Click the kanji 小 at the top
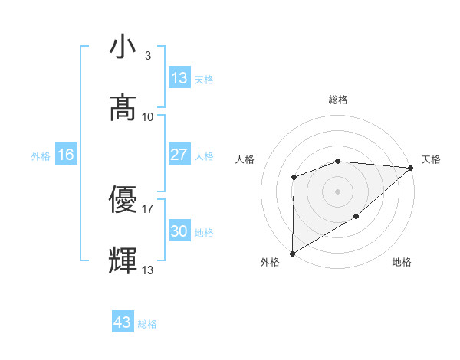pos(123,47)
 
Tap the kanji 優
pos(123,200)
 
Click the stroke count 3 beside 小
pos(148,56)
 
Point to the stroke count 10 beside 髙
pos(148,116)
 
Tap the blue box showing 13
pos(179,78)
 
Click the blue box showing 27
pos(179,155)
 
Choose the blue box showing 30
pos(179,231)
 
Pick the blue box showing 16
pos(66,155)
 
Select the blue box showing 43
pos(123,322)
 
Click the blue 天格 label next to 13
pos(204,79)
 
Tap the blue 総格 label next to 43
pos(147,324)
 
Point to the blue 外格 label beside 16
pos(41,156)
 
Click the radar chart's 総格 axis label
pos(338,100)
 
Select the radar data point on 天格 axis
pos(411,168)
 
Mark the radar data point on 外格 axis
pos(292,253)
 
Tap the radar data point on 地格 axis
pos(356,217)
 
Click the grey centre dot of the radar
pos(337,191)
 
